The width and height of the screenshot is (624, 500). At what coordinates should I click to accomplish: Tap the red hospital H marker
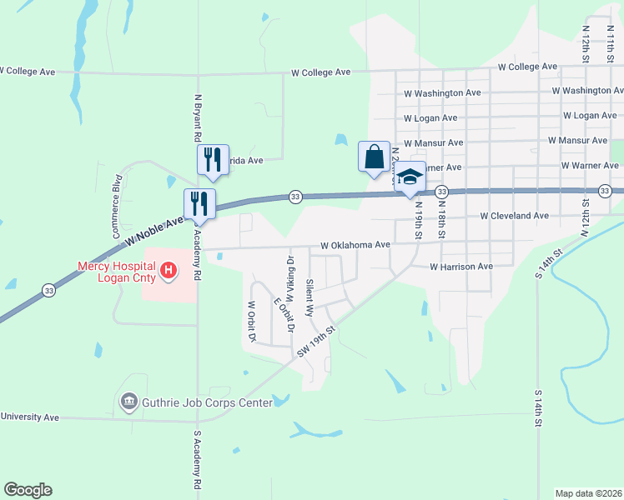tap(169, 270)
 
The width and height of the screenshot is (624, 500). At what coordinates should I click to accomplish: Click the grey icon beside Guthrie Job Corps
tap(129, 403)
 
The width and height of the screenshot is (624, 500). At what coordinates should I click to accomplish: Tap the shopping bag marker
tap(374, 156)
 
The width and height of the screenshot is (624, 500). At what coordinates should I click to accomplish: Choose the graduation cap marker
tap(410, 177)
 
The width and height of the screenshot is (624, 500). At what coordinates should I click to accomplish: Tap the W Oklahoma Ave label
tap(355, 246)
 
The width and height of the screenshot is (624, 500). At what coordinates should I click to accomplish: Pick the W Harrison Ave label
tap(461, 267)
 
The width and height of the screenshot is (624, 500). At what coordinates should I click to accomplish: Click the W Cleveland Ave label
tap(514, 216)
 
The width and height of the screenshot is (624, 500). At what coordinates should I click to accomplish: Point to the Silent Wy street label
tap(309, 297)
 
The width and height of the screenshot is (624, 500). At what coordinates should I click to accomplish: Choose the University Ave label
tap(29, 417)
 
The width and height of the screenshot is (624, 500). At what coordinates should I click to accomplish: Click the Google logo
tap(28, 490)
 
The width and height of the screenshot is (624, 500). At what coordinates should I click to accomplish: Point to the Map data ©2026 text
tap(588, 493)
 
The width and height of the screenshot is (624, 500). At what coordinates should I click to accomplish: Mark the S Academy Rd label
tap(198, 459)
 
